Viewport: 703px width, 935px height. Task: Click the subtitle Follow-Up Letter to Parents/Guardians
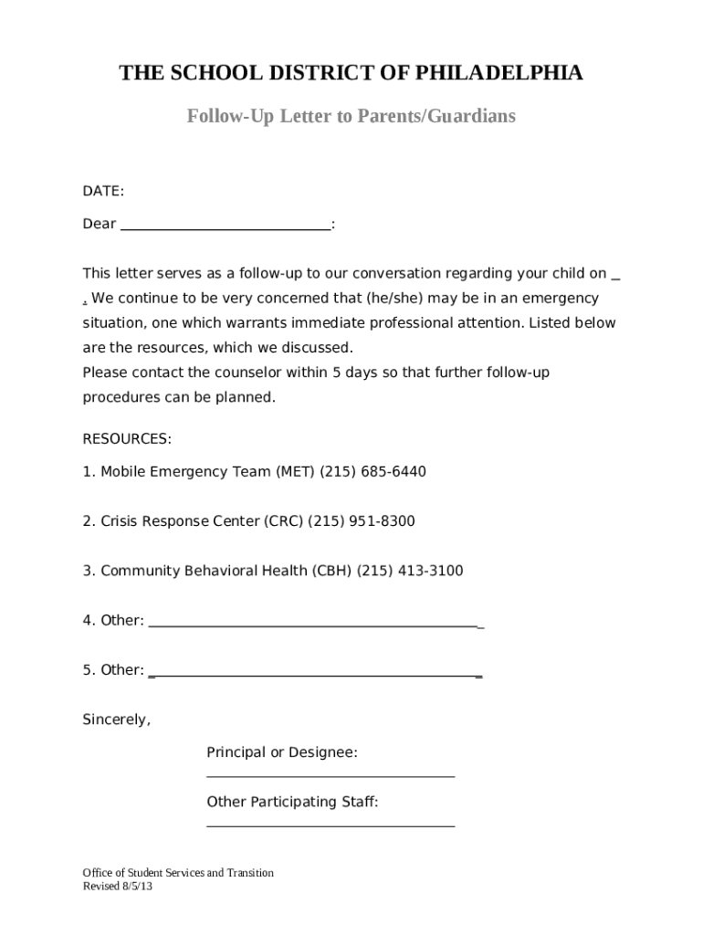351,117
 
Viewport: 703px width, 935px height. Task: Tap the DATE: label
103,191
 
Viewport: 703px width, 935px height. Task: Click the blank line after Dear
226,226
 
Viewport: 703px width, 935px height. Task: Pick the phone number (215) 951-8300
362,521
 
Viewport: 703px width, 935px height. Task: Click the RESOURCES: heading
127,439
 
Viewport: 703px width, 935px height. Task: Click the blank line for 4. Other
315,623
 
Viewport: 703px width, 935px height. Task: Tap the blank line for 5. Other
315,672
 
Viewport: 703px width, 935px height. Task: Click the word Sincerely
116,720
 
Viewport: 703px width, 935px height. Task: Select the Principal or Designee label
282,752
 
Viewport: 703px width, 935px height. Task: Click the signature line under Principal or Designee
331,776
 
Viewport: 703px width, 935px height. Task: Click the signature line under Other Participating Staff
331,825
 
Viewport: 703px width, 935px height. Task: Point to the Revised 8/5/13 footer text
118,887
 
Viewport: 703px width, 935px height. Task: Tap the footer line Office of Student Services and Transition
178,873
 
